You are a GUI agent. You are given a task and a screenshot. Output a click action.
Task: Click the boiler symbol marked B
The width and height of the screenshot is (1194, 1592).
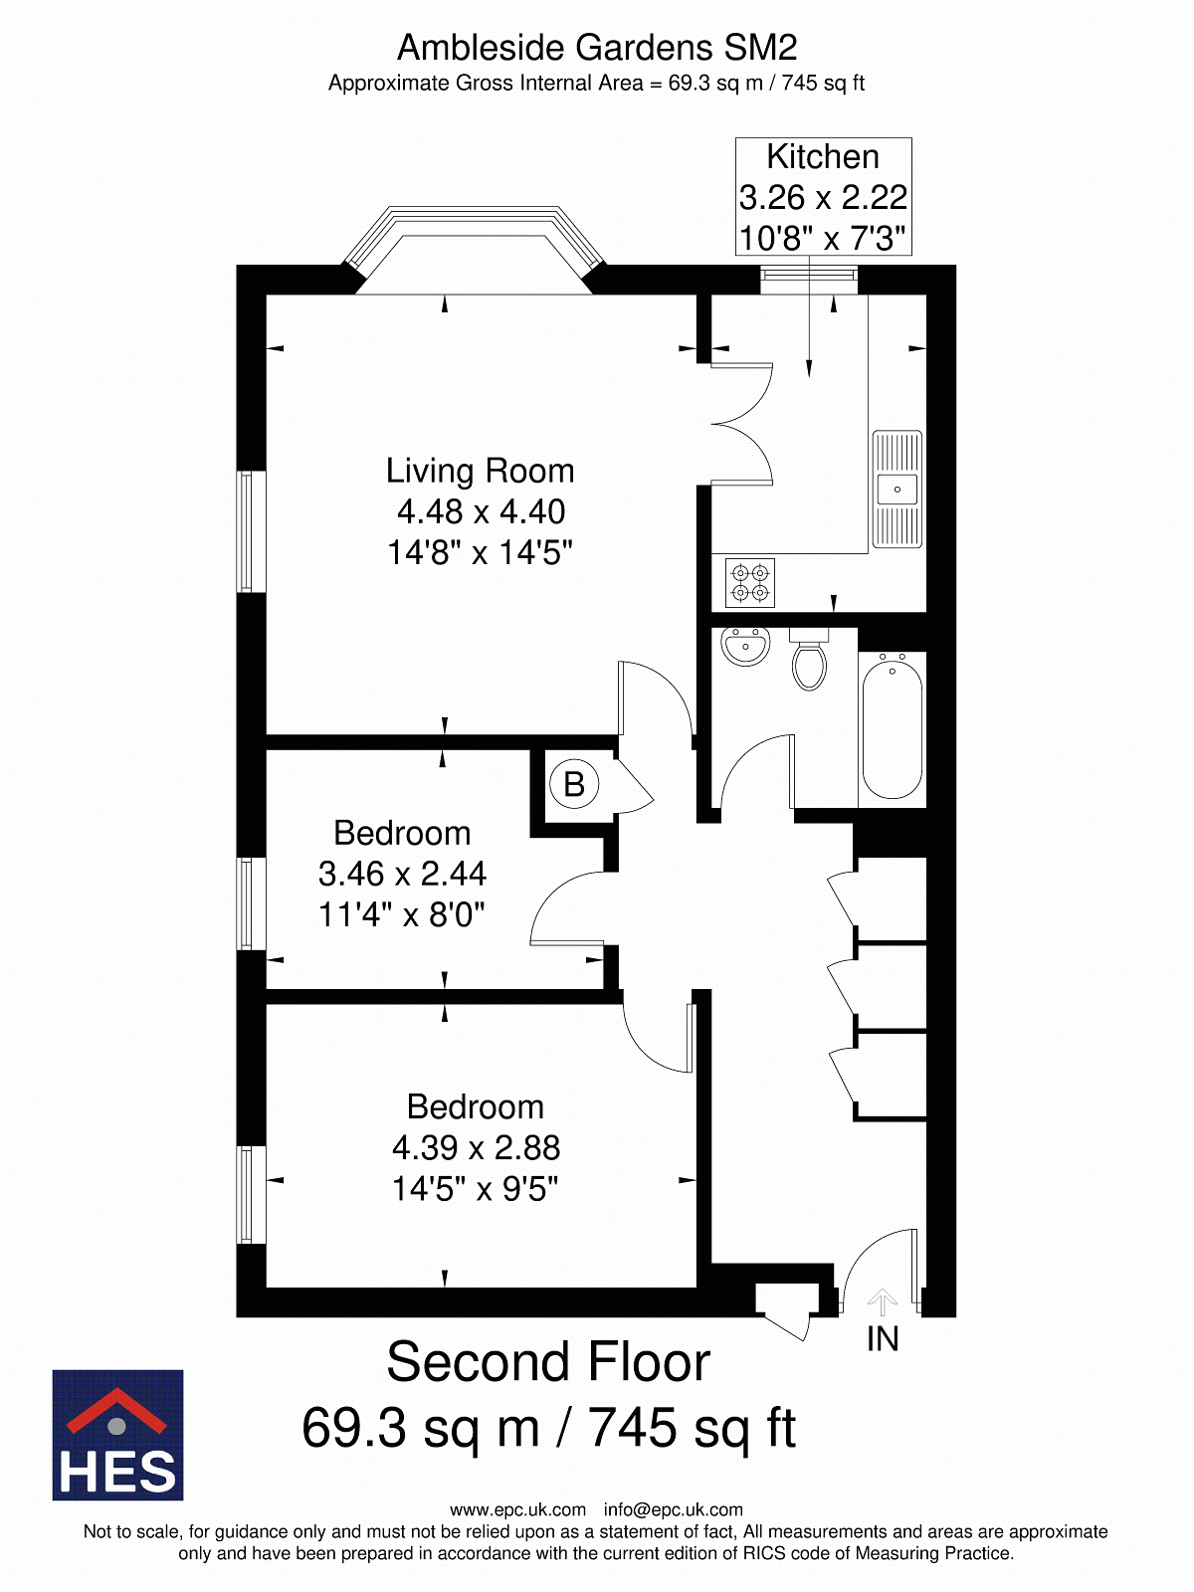click(x=573, y=783)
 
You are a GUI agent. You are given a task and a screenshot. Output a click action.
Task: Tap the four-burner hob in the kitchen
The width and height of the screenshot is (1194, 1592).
click(x=749, y=582)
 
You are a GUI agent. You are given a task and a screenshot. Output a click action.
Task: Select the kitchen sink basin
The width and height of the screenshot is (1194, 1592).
click(x=896, y=490)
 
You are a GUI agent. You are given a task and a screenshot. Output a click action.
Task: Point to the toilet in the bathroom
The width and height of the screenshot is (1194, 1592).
click(x=809, y=659)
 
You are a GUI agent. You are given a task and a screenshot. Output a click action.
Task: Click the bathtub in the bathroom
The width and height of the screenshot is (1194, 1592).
click(x=892, y=728)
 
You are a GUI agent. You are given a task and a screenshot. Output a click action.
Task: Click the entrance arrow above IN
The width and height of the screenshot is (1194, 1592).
click(x=882, y=1301)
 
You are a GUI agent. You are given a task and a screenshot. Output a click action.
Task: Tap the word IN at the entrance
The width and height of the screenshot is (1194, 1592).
click(x=883, y=1339)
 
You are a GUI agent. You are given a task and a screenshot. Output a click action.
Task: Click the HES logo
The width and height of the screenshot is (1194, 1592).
click(x=117, y=1435)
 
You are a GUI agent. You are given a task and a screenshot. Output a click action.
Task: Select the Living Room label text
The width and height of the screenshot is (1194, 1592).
click(x=480, y=471)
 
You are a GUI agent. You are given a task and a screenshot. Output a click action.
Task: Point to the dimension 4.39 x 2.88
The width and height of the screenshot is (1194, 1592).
click(x=477, y=1147)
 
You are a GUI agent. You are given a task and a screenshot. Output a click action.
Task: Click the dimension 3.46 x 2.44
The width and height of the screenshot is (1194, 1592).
click(x=402, y=874)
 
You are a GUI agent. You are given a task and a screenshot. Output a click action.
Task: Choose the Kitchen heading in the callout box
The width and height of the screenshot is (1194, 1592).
click(x=823, y=156)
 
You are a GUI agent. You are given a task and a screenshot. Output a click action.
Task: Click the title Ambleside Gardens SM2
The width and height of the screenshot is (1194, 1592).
click(x=597, y=48)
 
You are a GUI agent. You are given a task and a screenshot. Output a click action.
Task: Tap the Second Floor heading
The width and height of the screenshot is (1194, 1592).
click(x=548, y=1362)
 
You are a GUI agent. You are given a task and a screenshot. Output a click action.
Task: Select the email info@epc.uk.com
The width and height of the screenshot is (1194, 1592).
click(x=673, y=1509)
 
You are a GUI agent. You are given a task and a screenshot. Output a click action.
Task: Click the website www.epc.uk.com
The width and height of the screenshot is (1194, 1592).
click(x=517, y=1509)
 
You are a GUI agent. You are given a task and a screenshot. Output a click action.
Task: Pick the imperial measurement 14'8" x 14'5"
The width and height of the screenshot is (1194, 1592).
click(x=480, y=552)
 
